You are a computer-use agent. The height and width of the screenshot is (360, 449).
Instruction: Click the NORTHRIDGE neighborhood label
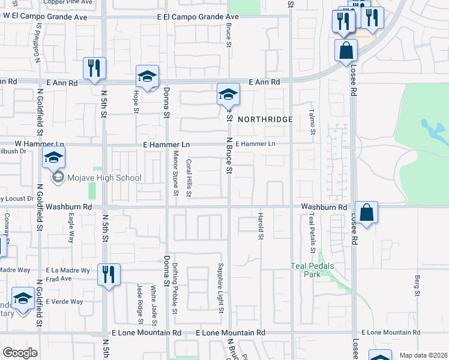[265, 119]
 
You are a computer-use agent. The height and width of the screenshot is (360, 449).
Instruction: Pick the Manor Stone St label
[176, 174]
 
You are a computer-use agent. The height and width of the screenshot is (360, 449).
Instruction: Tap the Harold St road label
[261, 226]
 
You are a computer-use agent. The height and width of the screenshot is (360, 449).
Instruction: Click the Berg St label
[417, 286]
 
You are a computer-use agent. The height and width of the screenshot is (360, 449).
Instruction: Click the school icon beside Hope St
[147, 76]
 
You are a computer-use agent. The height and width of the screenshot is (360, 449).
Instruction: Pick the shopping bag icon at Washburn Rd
[366, 212]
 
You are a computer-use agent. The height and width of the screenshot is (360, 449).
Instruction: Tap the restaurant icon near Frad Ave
[109, 274]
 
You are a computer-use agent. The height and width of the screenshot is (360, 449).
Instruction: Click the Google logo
[20, 353]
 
